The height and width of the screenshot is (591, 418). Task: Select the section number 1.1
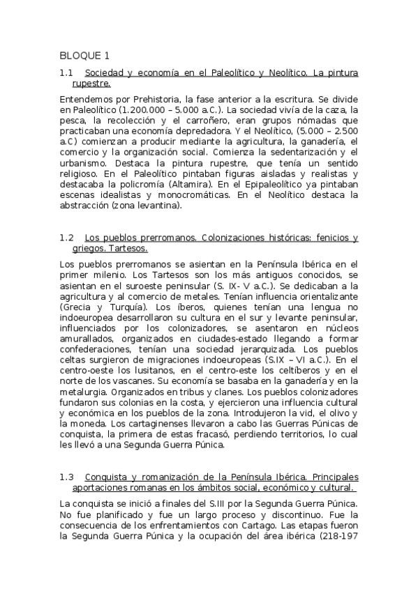[66, 72]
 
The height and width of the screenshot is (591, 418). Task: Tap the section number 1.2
[66, 238]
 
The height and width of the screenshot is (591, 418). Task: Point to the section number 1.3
[66, 477]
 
